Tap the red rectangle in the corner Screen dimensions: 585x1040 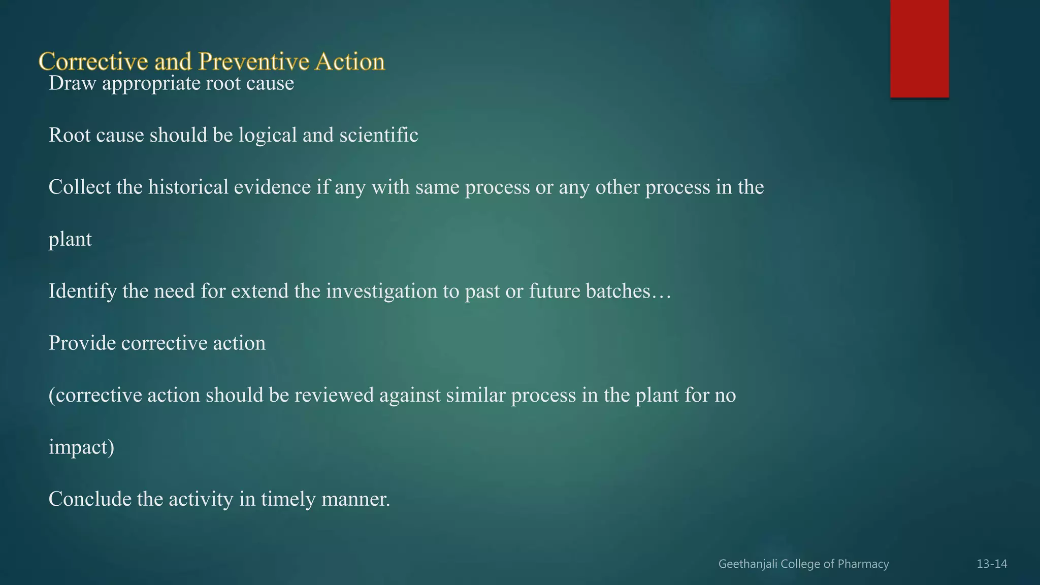coord(919,48)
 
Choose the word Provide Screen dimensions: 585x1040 coord(82,343)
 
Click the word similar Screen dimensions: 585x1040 coord(476,395)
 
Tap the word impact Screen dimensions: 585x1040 coord(79,447)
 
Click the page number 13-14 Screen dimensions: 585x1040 coord(992,564)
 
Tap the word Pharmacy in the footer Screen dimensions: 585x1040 coord(863,564)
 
